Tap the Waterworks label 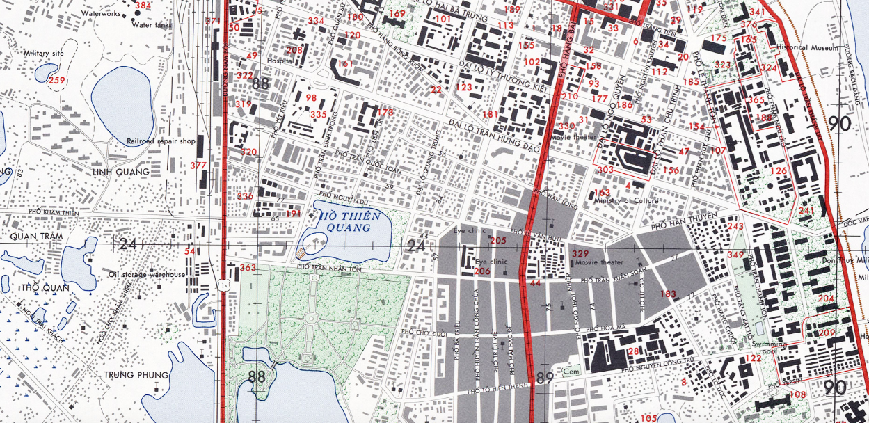pyautogui.click(x=101, y=13)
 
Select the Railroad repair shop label pyautogui.click(x=159, y=141)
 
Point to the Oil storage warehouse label pyautogui.click(x=147, y=274)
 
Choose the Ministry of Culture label pyautogui.click(x=625, y=201)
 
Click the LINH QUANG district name pyautogui.click(x=121, y=171)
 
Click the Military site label pyautogui.click(x=43, y=53)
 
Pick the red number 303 pyautogui.click(x=605, y=170)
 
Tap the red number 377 pyautogui.click(x=198, y=166)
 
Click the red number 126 pyautogui.click(x=778, y=170)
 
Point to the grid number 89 pyautogui.click(x=545, y=377)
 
